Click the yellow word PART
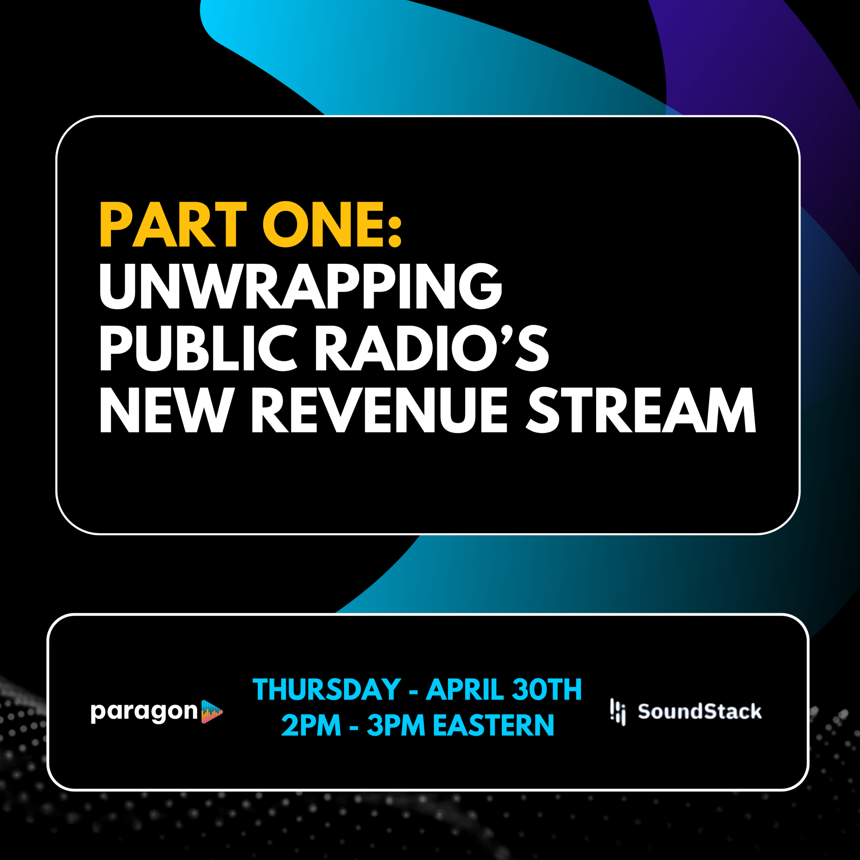tap(173, 224)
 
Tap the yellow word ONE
tap(323, 224)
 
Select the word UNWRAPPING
tap(301, 286)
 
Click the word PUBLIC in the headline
tap(199, 348)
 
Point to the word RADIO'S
tap(432, 348)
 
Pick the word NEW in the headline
tap(167, 410)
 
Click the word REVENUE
tap(380, 410)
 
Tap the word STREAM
tap(641, 410)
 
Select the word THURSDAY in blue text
tap(327, 690)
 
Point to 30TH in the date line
tap(547, 690)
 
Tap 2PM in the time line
tap(311, 725)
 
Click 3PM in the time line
tap(396, 725)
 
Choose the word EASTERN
tap(493, 725)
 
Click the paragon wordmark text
tap(144, 713)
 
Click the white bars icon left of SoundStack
tap(618, 712)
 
